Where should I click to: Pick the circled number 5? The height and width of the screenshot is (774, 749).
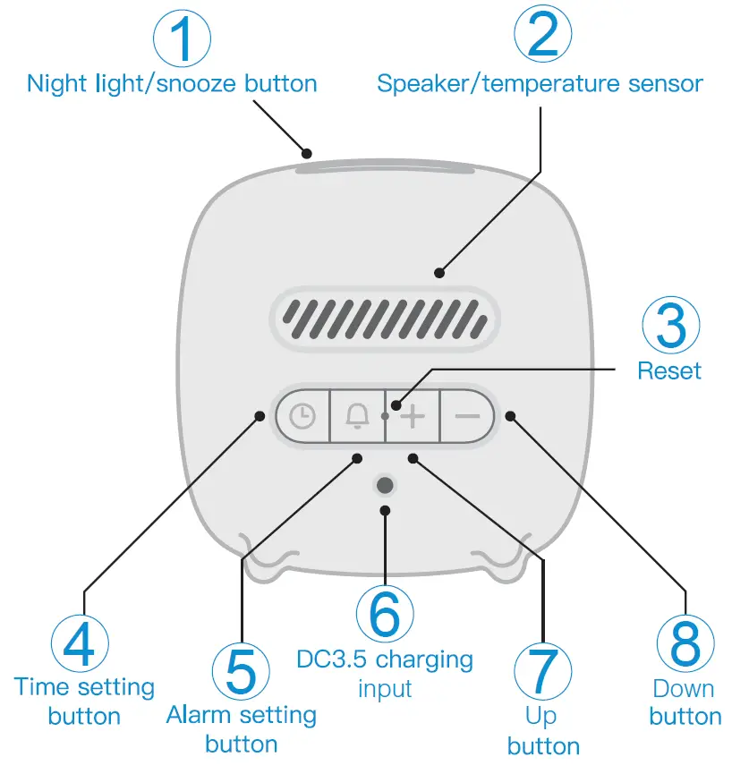pos(241,670)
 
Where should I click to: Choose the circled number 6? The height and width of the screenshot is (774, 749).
pos(385,614)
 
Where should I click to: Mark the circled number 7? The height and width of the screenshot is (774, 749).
pos(543,670)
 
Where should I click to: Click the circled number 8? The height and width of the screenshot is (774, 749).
pos(685,642)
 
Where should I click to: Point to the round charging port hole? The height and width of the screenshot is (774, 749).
pos(385,485)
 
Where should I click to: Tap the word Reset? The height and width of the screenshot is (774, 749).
pos(669,370)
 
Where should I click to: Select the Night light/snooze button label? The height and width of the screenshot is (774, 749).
pos(172,85)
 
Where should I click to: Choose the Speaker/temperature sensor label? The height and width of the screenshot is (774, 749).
pos(540,85)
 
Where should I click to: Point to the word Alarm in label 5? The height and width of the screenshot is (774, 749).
pos(199,716)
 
